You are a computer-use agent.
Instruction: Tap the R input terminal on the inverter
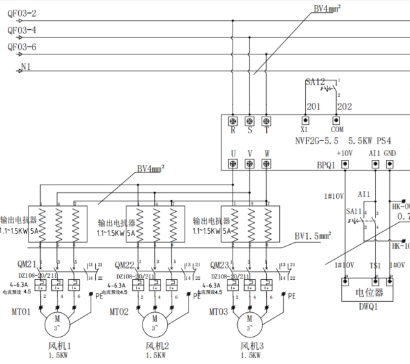[x=232, y=121]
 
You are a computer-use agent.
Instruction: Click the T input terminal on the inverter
[x=266, y=121]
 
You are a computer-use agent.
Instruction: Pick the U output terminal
[x=232, y=165]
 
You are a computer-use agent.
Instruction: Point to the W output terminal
[x=266, y=165]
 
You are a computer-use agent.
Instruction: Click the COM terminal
[x=336, y=120]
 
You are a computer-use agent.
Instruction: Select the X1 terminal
[x=304, y=120]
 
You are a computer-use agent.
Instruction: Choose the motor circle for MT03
[x=248, y=323]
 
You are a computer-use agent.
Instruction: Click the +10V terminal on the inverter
[x=345, y=165]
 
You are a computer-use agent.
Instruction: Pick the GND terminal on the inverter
[x=390, y=165]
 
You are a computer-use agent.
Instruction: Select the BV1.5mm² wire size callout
[x=313, y=236]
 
